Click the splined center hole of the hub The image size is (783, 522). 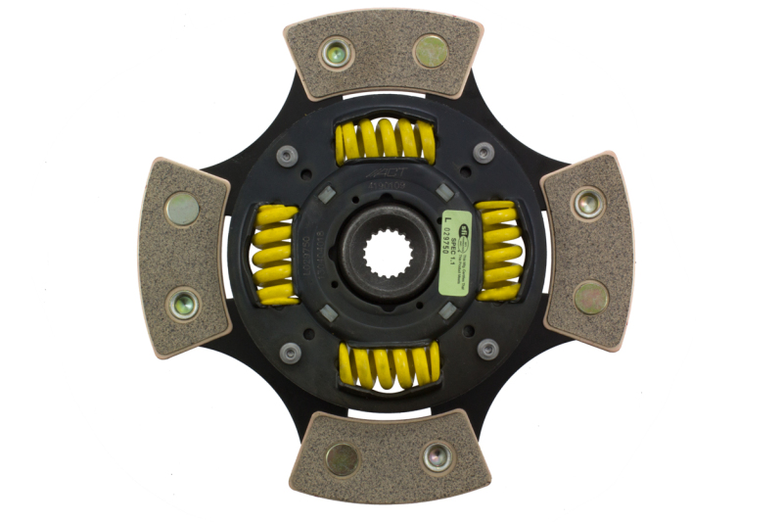pos(384,258)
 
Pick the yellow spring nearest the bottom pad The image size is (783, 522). pos(388,365)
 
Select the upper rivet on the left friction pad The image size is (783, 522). pos(181,209)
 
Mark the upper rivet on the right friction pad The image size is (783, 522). pos(588,203)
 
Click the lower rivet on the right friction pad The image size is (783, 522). pos(590,297)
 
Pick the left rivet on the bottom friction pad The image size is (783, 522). pos(341,458)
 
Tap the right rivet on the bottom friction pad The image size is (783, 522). pos(436,456)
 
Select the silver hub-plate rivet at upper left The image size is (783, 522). pos(287,154)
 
